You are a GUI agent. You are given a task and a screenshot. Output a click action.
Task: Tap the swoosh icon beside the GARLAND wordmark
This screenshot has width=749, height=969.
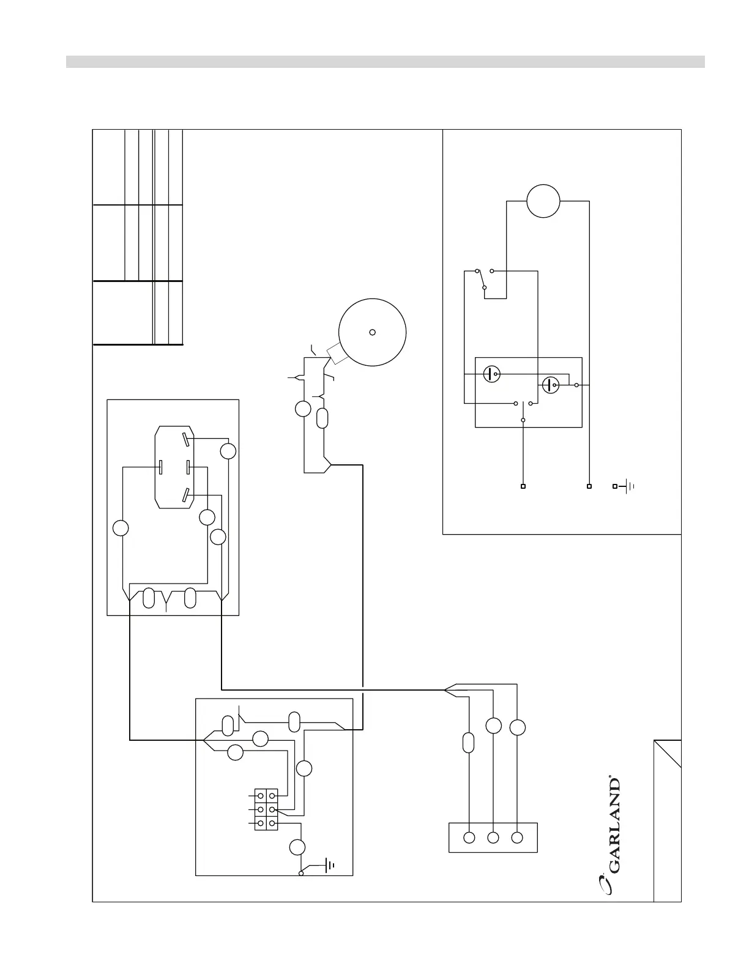tap(605, 885)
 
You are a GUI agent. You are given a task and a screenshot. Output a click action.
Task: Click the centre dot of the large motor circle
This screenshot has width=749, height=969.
tap(372, 332)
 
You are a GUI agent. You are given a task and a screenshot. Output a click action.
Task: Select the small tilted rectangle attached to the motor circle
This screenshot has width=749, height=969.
tap(337, 354)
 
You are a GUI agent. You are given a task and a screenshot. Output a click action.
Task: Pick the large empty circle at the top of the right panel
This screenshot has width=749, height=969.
tap(543, 201)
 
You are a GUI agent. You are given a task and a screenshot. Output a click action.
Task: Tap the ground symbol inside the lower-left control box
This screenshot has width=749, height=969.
tap(329, 865)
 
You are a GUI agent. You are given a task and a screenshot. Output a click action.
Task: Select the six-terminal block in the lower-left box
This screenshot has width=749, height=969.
tap(266, 809)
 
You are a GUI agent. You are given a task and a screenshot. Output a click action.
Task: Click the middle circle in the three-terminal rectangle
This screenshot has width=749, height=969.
tap(493, 837)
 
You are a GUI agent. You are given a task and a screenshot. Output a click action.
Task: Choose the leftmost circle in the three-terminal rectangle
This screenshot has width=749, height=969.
tap(469, 837)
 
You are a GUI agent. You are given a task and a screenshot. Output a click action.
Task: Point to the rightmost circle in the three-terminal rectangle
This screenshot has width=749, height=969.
tap(517, 837)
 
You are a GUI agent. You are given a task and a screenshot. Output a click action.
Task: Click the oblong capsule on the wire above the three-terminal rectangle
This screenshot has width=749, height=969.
tap(469, 743)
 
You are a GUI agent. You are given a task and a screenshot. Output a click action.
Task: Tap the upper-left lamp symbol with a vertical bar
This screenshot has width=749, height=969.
tap(491, 374)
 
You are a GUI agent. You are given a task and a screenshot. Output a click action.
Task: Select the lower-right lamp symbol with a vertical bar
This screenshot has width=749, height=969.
tap(551, 385)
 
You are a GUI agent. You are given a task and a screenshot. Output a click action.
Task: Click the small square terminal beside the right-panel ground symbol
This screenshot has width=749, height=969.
tap(615, 486)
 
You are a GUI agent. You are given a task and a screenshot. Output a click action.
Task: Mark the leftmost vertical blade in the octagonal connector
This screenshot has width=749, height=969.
tap(160, 467)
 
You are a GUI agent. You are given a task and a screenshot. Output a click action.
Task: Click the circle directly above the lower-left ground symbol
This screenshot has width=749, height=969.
tap(297, 847)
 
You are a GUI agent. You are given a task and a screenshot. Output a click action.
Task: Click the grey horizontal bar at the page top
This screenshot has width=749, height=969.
tap(386, 62)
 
